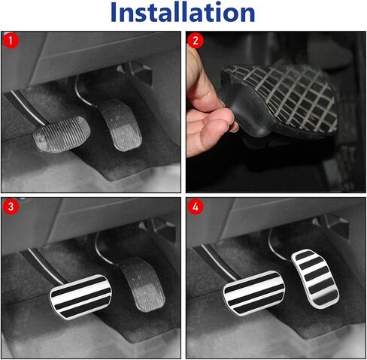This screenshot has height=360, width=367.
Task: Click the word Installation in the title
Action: coord(183,12)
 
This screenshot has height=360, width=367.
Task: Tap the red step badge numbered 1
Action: coord(11,41)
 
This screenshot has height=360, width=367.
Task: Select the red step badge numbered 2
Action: coord(196,41)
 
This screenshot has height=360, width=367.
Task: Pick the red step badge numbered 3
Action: coord(11,207)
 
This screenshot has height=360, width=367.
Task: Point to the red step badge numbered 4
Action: coord(196,207)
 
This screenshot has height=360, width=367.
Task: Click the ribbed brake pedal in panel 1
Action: coord(62,134)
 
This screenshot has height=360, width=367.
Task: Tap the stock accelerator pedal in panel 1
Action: coord(120,125)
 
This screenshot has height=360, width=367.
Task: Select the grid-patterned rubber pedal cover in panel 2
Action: coord(278,100)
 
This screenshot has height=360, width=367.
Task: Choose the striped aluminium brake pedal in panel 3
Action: coord(80,297)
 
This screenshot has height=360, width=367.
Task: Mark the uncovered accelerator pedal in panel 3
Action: coord(142,284)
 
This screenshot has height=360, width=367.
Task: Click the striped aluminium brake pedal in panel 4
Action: coord(253,292)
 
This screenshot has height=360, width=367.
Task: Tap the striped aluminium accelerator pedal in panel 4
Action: coord(315,278)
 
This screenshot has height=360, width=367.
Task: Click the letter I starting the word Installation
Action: coord(113,13)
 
